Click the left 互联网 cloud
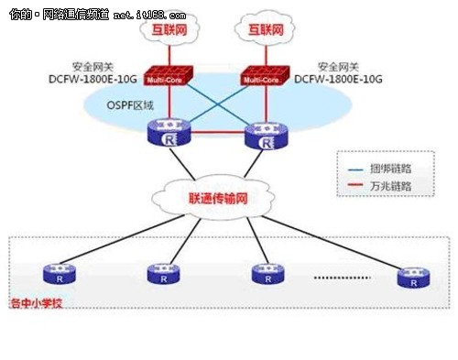tap(169, 31)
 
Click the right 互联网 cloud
tap(260, 31)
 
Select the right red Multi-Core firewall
tap(260, 78)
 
